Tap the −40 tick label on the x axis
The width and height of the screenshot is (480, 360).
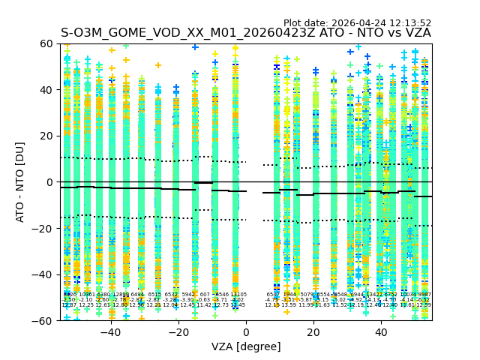click(110, 331)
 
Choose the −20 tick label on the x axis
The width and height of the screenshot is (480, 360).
click(178, 331)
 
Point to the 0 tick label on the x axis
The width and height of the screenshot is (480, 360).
click(246, 331)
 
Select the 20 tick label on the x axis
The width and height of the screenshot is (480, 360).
click(313, 331)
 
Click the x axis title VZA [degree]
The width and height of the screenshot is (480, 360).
click(246, 346)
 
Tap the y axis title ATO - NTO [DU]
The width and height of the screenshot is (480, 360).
click(21, 182)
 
